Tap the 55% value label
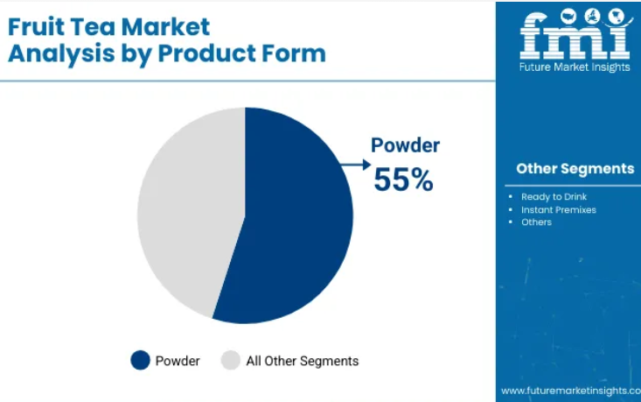(403, 180)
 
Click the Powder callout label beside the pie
(405, 145)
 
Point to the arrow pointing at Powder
(356, 165)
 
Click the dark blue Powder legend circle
(140, 360)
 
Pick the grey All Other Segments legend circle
(231, 360)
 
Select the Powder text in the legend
(178, 361)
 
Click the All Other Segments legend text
(302, 361)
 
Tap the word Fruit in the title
(36, 27)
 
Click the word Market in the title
(165, 27)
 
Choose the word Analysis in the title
(61, 54)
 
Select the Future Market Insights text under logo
(575, 67)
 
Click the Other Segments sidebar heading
(575, 169)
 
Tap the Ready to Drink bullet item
(554, 197)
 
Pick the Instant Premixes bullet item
(559, 210)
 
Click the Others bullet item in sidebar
(536, 222)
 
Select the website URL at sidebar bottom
(571, 391)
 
